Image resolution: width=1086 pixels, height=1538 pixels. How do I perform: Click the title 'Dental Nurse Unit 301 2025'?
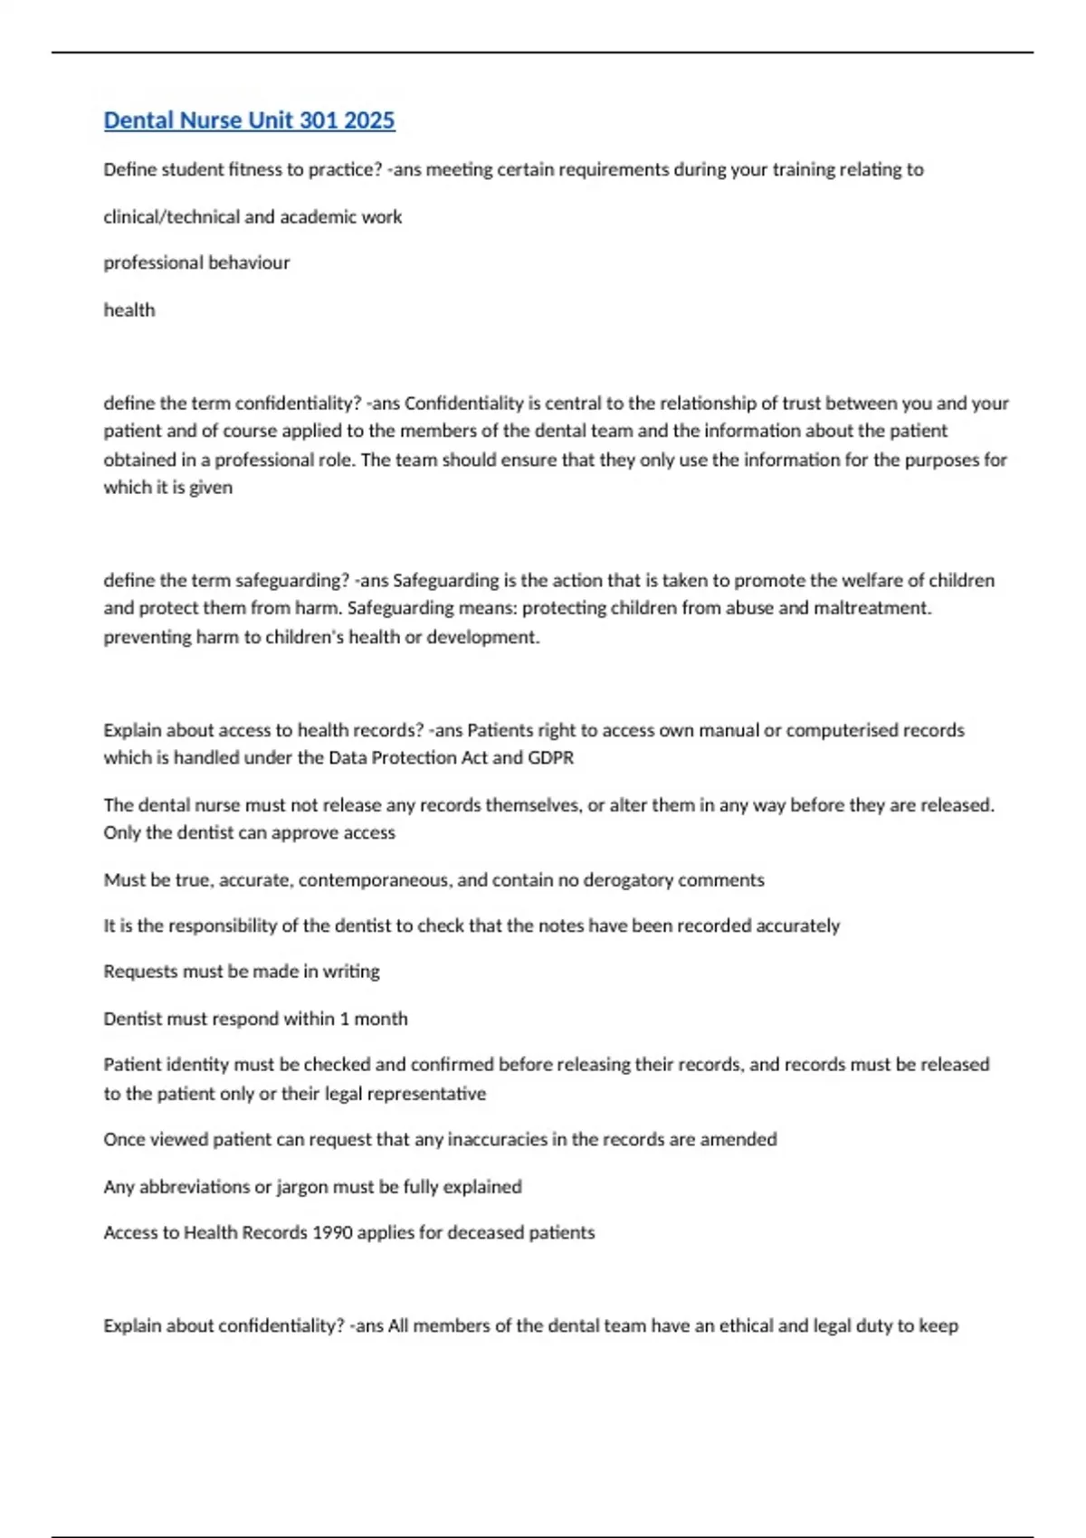coord(249,120)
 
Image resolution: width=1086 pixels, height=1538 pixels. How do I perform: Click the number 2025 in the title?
coord(369,120)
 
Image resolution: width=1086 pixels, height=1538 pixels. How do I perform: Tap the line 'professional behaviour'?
coord(196,263)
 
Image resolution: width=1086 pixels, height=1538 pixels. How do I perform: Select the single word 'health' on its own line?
coord(129,310)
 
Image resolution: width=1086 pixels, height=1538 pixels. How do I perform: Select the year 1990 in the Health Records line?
coord(332,1233)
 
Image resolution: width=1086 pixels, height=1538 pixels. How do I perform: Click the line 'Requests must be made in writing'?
coord(242,972)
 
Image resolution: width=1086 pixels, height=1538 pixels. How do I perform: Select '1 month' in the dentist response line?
coord(374,1019)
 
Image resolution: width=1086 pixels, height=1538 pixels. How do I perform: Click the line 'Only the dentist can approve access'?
coord(249,833)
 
